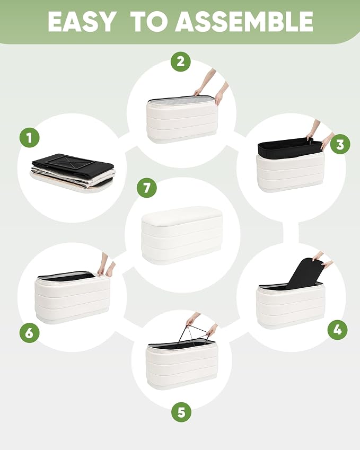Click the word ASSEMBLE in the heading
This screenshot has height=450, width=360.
coord(244,22)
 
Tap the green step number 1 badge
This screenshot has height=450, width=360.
coord(30,137)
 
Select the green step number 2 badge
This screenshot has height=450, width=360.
coord(181,61)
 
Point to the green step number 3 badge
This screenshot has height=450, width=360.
coord(340,144)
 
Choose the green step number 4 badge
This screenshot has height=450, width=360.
coord(338,330)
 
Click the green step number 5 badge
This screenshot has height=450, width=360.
coord(181,412)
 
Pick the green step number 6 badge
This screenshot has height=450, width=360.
coord(30,333)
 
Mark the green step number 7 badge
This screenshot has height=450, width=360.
coord(147,188)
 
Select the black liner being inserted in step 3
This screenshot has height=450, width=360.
coord(289,146)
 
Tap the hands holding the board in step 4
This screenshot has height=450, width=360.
coord(322,259)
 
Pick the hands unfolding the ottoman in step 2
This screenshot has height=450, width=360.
coord(212,86)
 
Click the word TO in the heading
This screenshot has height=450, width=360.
coord(148,22)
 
